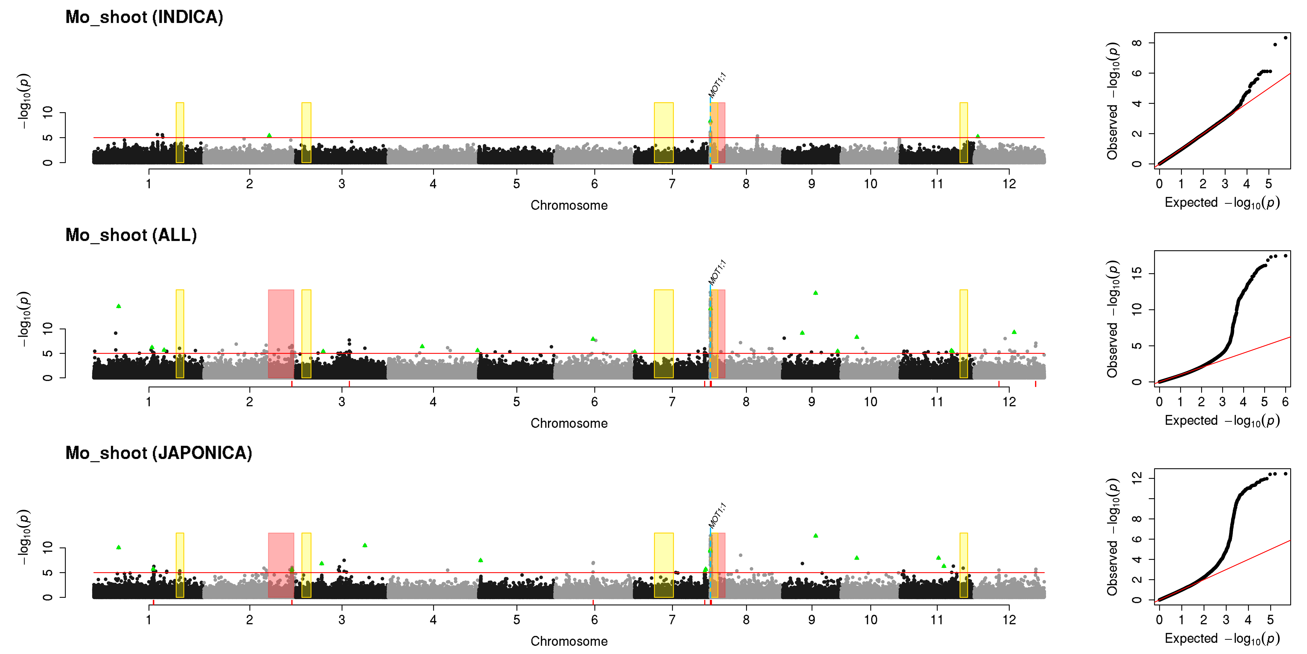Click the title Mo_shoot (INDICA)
(x=144, y=17)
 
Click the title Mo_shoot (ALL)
(x=131, y=235)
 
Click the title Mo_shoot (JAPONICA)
(x=159, y=453)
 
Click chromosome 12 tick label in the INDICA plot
(x=1009, y=184)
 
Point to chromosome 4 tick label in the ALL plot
(x=433, y=402)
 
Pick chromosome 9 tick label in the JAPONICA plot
(x=812, y=620)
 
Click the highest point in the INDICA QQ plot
(x=1285, y=38)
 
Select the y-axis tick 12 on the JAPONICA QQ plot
(x=1137, y=477)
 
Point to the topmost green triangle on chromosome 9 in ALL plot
(x=815, y=293)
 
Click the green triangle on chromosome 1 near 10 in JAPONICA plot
(x=119, y=547)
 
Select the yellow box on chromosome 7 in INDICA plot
(x=664, y=133)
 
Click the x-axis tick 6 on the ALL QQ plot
(x=1285, y=402)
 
